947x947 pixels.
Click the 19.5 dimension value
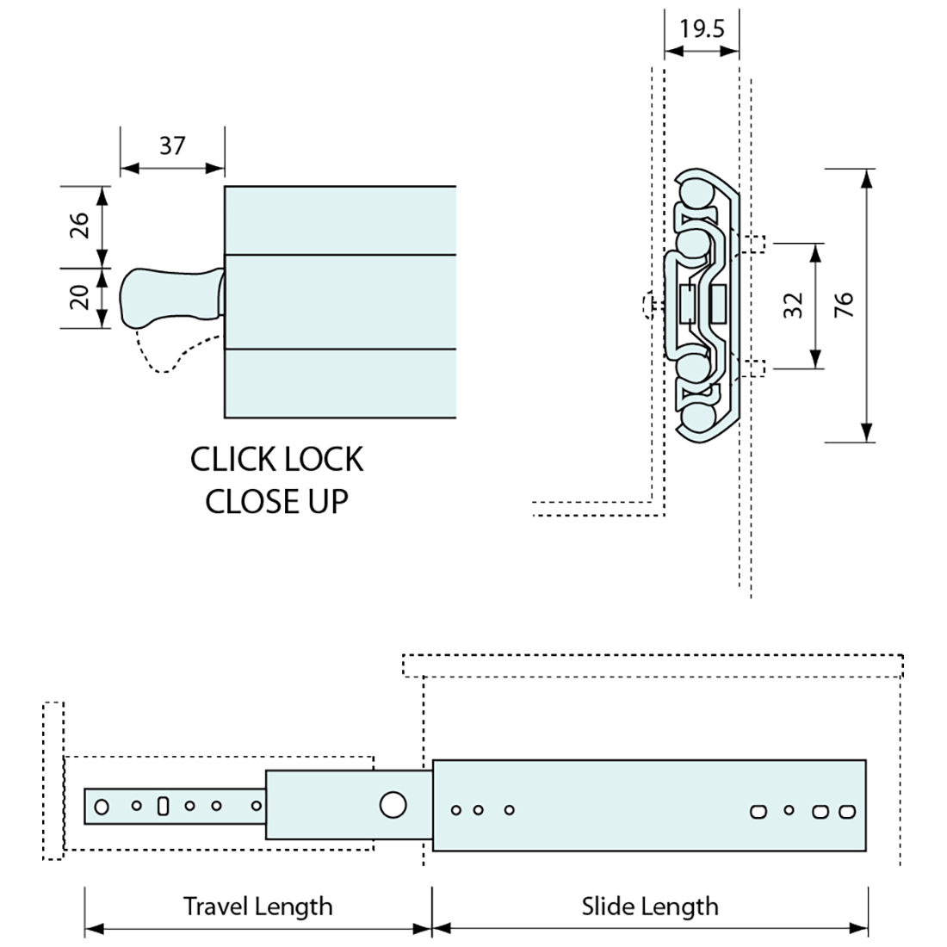coord(702,28)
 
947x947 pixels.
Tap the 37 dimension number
coord(172,145)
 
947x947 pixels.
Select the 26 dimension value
coord(79,226)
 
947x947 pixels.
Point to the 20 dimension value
coord(79,297)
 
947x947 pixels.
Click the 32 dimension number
coord(793,306)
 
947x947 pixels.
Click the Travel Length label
coord(257,906)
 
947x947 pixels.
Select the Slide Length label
coord(649,906)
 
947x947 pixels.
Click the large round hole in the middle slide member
coord(393,805)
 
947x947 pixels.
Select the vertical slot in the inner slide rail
coord(162,807)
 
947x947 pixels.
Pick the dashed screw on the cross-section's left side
coord(648,304)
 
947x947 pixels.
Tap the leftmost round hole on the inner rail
coord(102,807)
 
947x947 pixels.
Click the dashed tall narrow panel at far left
coord(53,780)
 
